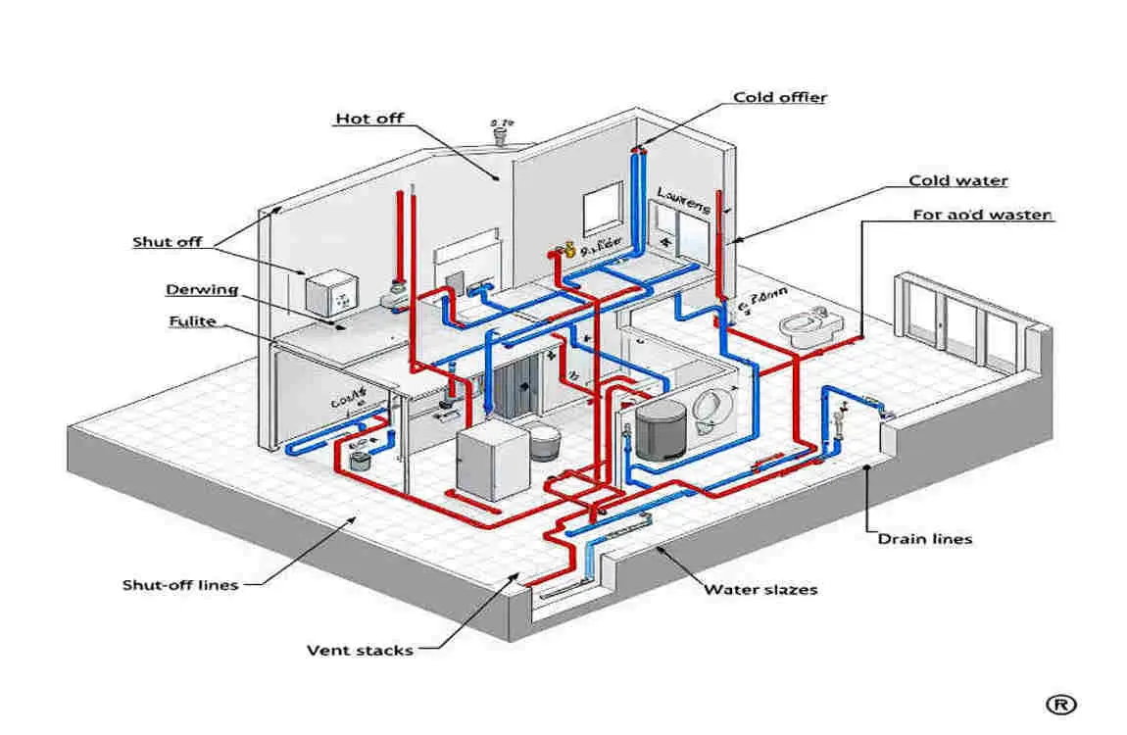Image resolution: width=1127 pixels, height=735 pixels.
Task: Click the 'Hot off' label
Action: coord(368,119)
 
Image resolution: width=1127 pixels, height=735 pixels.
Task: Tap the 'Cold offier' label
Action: coord(779,97)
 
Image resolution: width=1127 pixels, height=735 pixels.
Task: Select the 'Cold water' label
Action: coord(957,180)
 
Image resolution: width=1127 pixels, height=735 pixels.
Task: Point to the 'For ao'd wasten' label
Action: coord(982,215)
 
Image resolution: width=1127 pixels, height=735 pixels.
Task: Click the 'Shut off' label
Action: coord(168,242)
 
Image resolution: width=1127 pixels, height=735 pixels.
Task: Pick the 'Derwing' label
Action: coord(202,289)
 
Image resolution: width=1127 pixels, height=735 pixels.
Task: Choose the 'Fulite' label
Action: coord(192,321)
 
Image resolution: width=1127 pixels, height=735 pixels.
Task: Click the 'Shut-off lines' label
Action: coord(179,585)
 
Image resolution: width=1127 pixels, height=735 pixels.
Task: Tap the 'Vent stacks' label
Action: coord(360,650)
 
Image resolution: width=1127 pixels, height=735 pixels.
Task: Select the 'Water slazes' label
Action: coord(760,589)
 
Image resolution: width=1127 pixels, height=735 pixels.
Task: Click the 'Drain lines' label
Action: coord(924,539)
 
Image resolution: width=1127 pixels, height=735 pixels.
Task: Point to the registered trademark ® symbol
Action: coord(1060,704)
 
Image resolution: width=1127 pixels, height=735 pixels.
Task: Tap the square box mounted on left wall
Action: coord(327,291)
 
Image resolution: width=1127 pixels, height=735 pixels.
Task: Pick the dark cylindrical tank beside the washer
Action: coord(659,429)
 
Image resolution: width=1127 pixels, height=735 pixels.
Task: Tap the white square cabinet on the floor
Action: coord(491,465)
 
